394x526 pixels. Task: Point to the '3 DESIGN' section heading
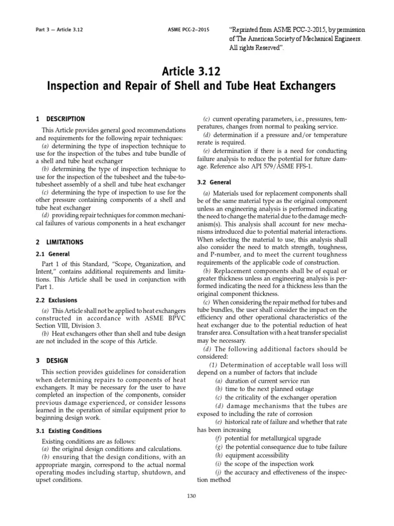pyautogui.click(x=52, y=361)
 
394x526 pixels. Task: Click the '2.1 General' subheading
pyautogui.click(x=53, y=254)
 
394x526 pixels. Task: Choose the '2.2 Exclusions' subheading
pyautogui.click(x=56, y=300)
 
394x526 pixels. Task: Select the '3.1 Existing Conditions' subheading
pyautogui.click(x=69, y=431)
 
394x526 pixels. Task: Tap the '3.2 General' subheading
pyautogui.click(x=214, y=182)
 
